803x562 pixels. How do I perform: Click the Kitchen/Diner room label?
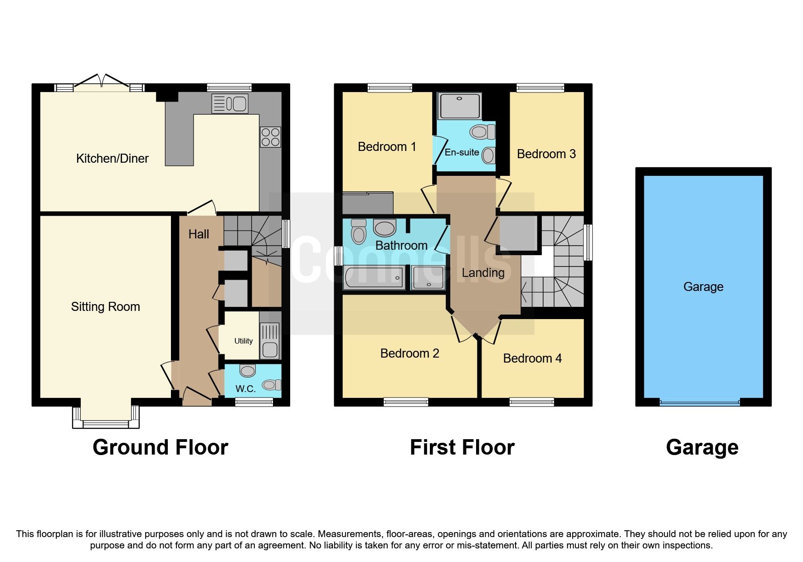click(112, 159)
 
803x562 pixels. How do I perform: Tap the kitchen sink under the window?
click(230, 104)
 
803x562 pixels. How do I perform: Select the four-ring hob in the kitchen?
click(270, 137)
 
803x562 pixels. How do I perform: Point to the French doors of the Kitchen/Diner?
click(102, 84)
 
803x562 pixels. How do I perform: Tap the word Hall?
click(199, 234)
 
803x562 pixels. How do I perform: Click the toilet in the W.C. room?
click(272, 385)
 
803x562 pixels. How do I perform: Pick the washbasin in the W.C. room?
click(248, 371)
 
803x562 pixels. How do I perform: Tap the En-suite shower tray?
click(459, 106)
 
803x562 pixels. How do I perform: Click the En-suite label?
click(462, 152)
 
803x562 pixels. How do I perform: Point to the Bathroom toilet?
click(359, 232)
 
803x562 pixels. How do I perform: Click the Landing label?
click(483, 273)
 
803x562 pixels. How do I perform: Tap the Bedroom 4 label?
click(532, 359)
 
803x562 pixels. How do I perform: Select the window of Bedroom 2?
click(406, 402)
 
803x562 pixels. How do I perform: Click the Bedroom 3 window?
click(540, 87)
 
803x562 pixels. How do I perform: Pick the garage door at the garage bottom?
click(700, 402)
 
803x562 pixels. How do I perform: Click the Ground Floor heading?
click(160, 447)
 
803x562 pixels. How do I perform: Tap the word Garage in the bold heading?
click(702, 447)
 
